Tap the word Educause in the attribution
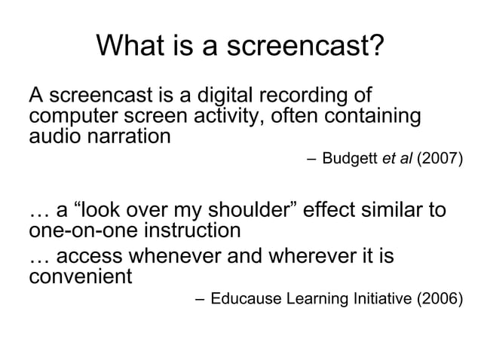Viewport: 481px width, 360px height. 245,299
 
